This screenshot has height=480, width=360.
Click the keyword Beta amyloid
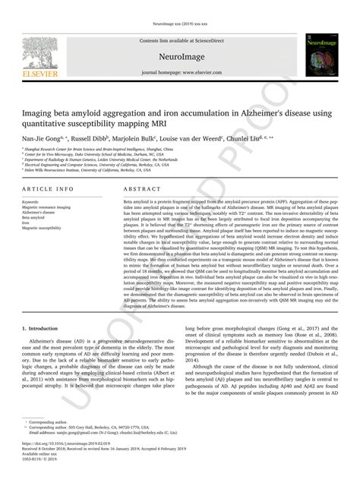[35, 216]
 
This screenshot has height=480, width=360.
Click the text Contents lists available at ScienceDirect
[180, 39]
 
